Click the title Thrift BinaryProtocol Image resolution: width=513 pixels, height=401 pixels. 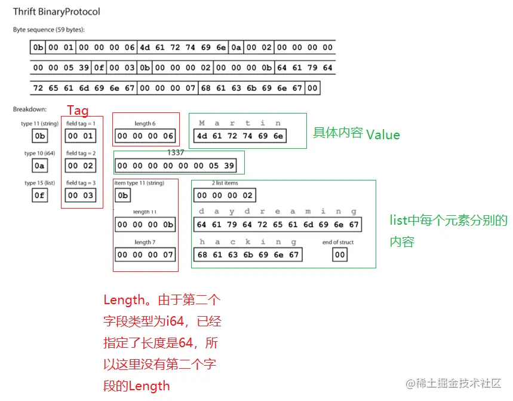(x=57, y=12)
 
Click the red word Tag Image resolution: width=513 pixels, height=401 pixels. (x=78, y=111)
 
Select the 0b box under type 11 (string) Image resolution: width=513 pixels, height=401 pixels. (x=39, y=136)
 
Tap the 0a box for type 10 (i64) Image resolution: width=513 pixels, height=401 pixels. (x=39, y=166)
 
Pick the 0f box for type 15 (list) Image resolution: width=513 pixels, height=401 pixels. (x=39, y=195)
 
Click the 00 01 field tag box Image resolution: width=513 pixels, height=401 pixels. (x=81, y=136)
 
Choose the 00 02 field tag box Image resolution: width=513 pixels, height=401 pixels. (x=81, y=166)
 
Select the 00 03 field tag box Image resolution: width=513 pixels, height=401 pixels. (x=81, y=195)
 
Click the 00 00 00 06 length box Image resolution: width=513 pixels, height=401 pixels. (x=145, y=136)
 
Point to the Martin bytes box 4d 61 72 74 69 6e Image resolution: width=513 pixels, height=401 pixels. (x=240, y=136)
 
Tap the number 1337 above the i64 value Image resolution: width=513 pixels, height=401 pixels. (x=176, y=153)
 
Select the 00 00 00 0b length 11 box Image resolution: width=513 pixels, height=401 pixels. (x=145, y=225)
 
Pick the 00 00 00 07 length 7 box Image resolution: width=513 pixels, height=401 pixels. (x=145, y=255)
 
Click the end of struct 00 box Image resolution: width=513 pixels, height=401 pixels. (x=340, y=255)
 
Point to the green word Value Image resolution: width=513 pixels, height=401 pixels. (x=383, y=134)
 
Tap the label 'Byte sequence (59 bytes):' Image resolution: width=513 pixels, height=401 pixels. (x=49, y=29)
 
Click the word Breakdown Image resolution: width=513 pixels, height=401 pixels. (x=30, y=109)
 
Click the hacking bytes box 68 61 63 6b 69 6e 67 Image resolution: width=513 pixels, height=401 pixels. (x=248, y=255)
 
